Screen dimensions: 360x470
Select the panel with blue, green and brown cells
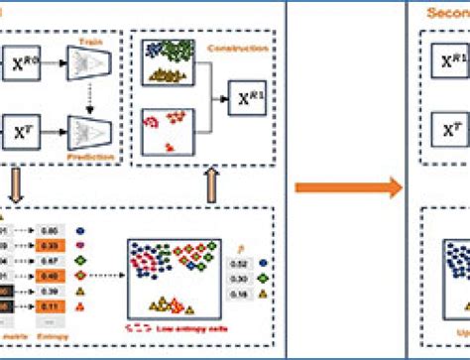point(168,60)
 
